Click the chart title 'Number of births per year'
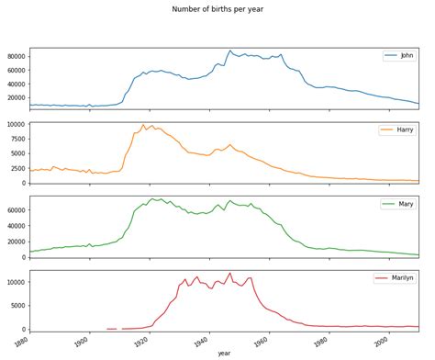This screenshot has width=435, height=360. click(217, 9)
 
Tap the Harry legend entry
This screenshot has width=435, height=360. click(396, 130)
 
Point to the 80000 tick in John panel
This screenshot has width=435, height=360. click(15, 56)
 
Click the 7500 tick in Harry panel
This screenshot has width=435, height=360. click(17, 139)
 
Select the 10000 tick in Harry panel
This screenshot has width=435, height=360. click(15, 124)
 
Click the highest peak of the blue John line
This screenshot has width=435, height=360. click(230, 51)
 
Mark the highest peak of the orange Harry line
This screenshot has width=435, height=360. click(143, 125)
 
